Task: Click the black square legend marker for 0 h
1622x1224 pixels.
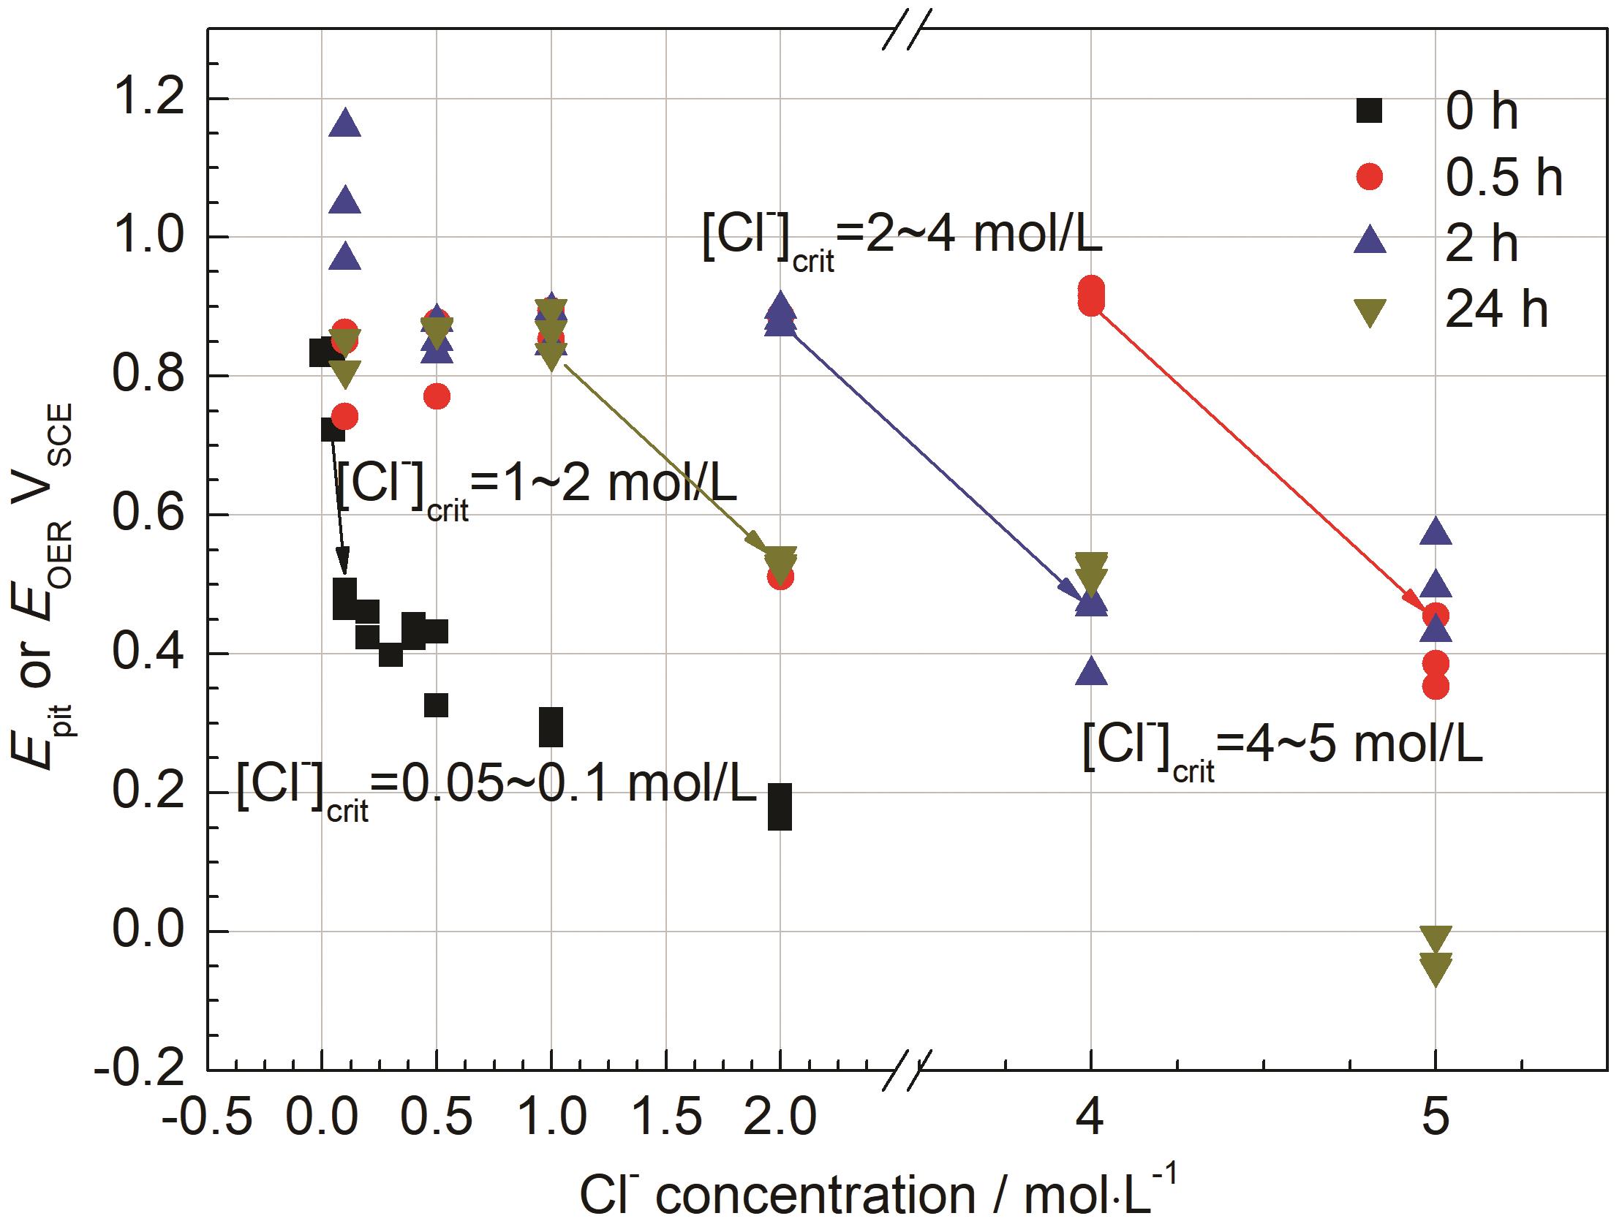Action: [x=1369, y=110]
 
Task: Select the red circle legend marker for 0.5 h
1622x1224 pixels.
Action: [x=1369, y=178]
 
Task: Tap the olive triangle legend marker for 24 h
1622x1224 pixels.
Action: [x=1369, y=313]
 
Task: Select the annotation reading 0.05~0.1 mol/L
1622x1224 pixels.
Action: [x=496, y=789]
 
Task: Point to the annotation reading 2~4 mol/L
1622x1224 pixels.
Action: [x=902, y=238]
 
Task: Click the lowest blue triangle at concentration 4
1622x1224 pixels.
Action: [x=1091, y=670]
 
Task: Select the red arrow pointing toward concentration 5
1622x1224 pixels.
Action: [x=1261, y=462]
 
